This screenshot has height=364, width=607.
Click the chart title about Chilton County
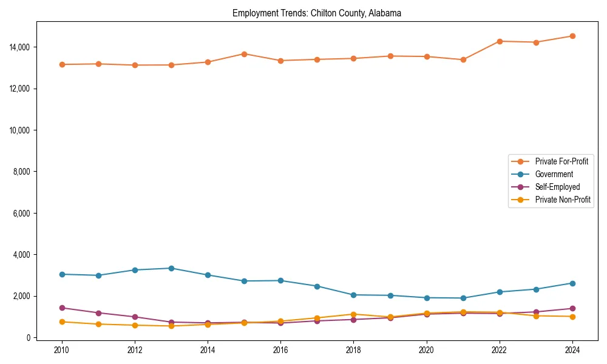point(316,13)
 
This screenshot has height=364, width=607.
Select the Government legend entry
point(554,174)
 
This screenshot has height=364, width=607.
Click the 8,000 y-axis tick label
point(21,172)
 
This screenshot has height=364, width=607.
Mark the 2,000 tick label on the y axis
point(21,296)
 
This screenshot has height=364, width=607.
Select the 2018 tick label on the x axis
point(353,350)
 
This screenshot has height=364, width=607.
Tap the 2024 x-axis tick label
point(572,350)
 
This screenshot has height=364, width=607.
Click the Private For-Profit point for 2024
point(572,36)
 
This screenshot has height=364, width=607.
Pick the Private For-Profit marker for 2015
point(244,54)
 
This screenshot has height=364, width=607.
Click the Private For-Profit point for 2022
point(500,41)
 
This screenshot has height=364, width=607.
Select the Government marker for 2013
point(171,268)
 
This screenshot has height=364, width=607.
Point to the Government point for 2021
point(463,298)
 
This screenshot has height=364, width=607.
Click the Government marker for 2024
point(572,283)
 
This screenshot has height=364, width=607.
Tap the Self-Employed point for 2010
point(62,308)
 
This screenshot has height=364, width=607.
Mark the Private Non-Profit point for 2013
point(171,326)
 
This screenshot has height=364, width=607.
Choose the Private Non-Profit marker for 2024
point(572,316)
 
